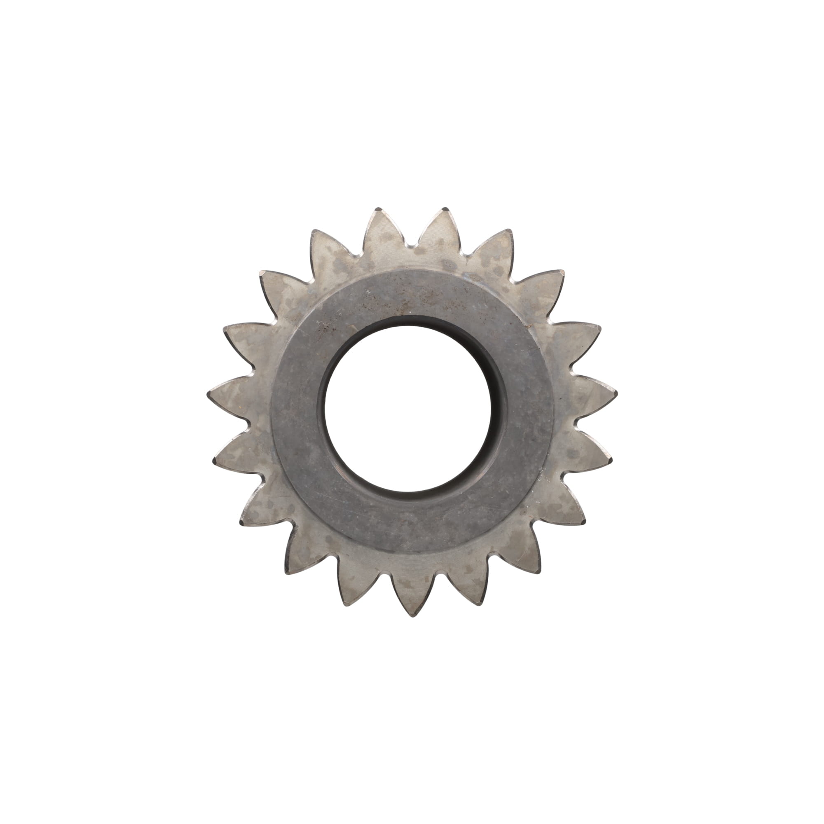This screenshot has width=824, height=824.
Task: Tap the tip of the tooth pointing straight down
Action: pos(413,615)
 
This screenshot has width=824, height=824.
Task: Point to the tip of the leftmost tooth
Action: pos(209,395)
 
